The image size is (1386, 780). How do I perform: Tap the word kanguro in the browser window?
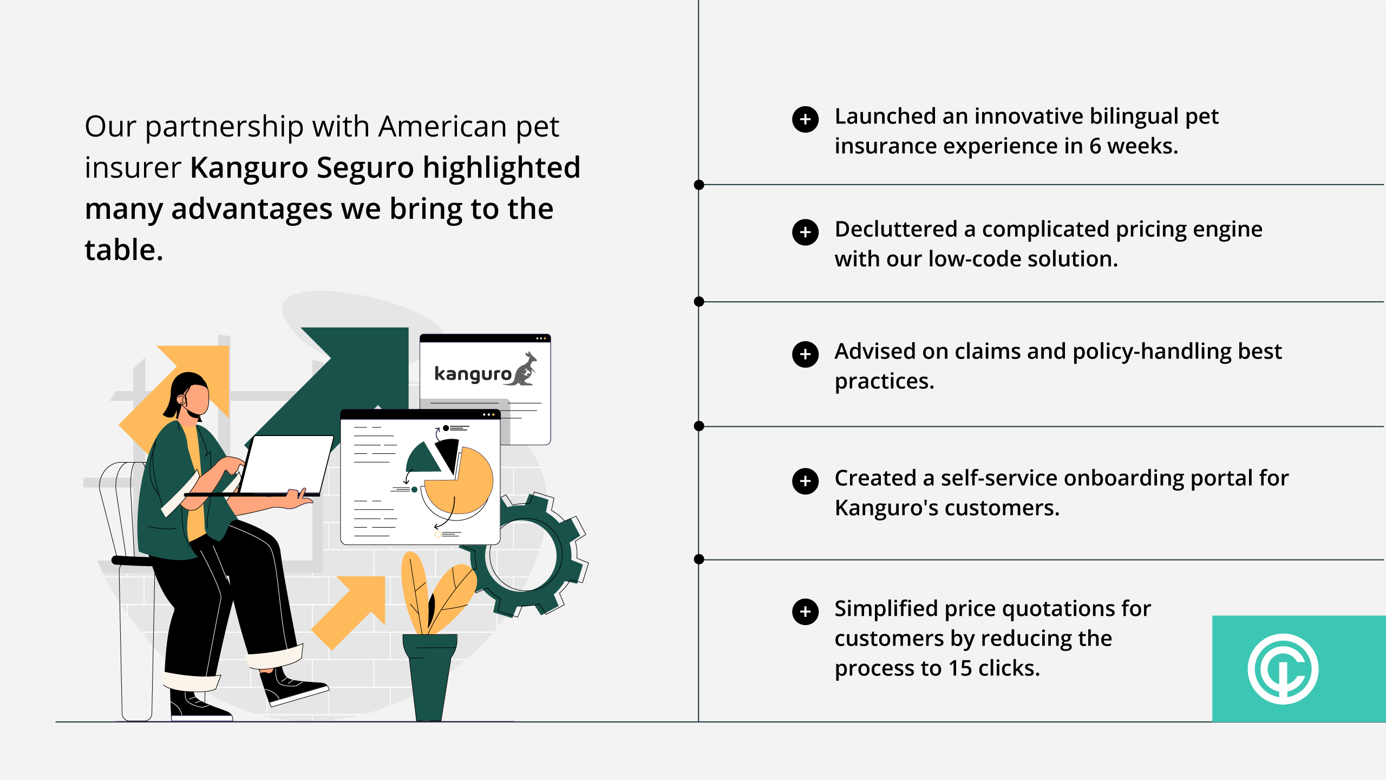(x=473, y=374)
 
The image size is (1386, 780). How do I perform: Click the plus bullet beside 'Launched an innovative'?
(x=805, y=119)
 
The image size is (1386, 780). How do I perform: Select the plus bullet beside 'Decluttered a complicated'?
(x=805, y=232)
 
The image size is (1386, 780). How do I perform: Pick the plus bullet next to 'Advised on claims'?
(x=805, y=354)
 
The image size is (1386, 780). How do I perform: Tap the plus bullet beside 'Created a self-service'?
(x=805, y=481)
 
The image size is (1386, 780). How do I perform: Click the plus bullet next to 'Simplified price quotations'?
(x=805, y=612)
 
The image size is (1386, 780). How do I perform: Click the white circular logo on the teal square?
(x=1283, y=669)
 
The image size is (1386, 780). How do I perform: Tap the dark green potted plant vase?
(x=430, y=677)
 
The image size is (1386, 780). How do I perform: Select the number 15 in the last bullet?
(x=960, y=668)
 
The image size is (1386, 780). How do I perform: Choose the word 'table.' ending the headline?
(x=124, y=250)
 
